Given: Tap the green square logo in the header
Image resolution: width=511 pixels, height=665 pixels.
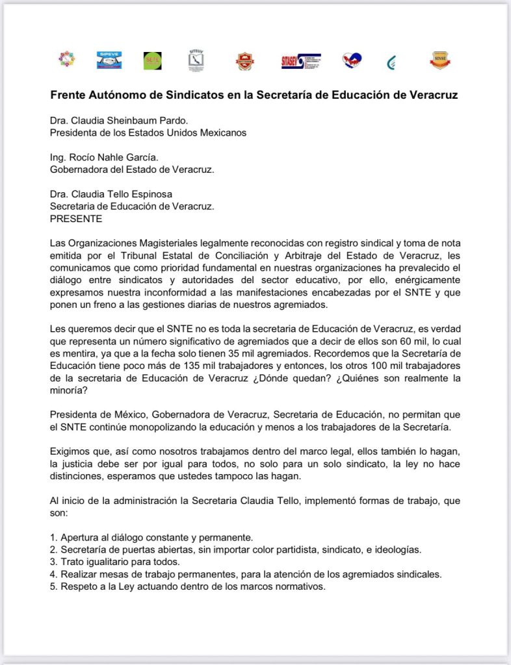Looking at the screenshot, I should (152, 60).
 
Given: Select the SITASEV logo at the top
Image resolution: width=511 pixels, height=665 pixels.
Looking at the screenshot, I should (301, 61).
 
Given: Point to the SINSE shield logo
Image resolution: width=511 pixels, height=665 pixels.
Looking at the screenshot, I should (440, 60).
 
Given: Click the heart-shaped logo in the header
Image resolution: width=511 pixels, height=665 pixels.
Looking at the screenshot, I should (352, 60).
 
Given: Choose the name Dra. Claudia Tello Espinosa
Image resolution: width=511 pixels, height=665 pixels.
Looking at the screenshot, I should (111, 194).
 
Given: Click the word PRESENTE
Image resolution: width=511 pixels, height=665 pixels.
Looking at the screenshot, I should (76, 219).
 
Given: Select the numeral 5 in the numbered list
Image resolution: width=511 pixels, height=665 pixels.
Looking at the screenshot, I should (53, 587).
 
